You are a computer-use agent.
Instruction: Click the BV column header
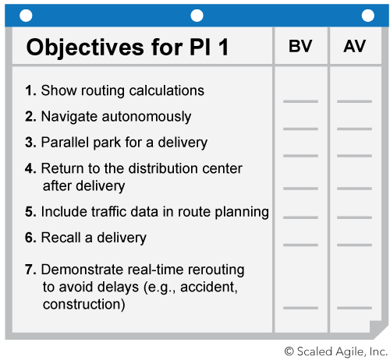click(x=300, y=46)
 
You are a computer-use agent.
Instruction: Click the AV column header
click(x=354, y=46)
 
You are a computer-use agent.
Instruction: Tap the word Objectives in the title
click(x=85, y=48)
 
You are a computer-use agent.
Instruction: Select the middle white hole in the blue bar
click(x=197, y=16)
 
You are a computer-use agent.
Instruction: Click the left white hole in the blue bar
click(x=26, y=16)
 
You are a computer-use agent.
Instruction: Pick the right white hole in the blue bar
click(x=368, y=16)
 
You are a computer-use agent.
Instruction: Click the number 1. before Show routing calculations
click(x=30, y=90)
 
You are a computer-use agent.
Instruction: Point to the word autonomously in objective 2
click(x=147, y=117)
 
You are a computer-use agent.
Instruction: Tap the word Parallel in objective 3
click(x=65, y=142)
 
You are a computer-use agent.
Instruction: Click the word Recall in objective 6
click(x=61, y=238)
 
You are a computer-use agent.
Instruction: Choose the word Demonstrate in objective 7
click(x=83, y=270)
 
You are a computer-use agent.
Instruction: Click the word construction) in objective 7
click(x=84, y=305)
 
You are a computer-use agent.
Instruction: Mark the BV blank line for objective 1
click(x=300, y=101)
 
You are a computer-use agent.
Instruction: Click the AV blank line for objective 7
click(x=354, y=308)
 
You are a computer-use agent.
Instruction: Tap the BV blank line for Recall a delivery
click(x=300, y=245)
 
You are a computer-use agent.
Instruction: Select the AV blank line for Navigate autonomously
click(x=354, y=129)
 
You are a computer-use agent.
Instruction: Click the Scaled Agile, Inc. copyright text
click(x=336, y=351)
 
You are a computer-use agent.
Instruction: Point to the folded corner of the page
click(x=377, y=329)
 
